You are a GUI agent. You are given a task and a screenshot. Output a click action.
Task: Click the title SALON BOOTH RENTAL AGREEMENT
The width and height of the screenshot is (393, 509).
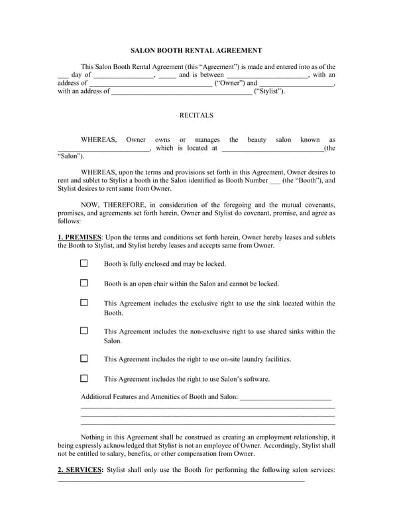click(196, 50)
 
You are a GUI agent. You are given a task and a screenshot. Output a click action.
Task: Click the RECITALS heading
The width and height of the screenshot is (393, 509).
click(196, 115)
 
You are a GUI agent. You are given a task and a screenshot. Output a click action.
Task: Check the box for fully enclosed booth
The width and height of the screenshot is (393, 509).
click(84, 263)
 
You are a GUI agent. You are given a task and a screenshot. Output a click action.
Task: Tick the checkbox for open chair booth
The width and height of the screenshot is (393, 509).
click(84, 283)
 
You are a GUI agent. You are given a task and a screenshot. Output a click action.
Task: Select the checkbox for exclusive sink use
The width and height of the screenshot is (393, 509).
click(84, 303)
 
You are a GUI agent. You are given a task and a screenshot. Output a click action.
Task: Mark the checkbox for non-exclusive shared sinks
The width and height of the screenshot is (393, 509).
click(84, 331)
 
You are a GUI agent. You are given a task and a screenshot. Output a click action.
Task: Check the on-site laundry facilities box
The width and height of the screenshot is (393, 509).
click(84, 359)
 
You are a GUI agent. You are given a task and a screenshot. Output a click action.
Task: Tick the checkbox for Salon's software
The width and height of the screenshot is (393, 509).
click(84, 378)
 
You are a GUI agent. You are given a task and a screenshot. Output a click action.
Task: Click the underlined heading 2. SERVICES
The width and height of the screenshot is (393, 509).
click(80, 470)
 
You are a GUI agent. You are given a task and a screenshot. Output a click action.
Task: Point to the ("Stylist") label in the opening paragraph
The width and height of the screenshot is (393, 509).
click(270, 91)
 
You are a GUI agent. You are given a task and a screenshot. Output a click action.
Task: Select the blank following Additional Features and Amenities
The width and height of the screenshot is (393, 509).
click(286, 398)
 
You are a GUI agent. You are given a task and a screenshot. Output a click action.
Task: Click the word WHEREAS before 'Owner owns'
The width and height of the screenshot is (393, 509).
click(99, 140)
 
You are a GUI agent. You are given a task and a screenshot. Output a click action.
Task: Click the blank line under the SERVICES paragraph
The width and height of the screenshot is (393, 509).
click(182, 481)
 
